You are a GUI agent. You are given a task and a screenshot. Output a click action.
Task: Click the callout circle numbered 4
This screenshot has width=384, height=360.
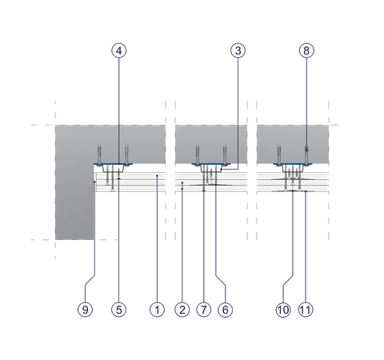(119, 50)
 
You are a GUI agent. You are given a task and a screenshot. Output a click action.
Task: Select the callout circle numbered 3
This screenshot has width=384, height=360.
(238, 50)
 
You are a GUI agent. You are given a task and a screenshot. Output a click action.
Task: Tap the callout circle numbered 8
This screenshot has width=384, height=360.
(306, 50)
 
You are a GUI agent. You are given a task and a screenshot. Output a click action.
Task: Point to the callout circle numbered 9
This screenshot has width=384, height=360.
(85, 310)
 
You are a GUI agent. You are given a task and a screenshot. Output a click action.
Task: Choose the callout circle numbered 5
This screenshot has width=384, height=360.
(118, 310)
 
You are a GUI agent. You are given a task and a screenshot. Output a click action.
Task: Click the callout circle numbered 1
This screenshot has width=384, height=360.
(157, 310)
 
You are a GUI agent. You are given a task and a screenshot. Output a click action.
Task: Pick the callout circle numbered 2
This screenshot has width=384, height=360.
(182, 310)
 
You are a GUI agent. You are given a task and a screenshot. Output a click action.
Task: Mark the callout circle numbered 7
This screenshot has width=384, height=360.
(204, 310)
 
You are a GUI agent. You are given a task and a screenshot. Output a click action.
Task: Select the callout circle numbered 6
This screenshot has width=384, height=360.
(226, 310)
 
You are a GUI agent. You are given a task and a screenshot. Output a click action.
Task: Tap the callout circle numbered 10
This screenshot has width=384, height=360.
(283, 310)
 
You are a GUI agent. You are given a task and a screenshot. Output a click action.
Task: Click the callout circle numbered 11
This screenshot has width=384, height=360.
(306, 310)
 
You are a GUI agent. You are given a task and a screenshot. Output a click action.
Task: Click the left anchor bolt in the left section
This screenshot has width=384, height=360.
(99, 156)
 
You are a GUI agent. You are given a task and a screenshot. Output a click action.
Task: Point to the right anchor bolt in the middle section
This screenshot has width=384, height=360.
(225, 156)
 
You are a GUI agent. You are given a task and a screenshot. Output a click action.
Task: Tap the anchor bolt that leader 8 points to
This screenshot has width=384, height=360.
(306, 156)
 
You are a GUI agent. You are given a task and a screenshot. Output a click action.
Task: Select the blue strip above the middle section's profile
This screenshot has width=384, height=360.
(211, 164)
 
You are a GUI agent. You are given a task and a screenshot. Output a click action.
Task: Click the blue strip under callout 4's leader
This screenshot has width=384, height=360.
(113, 164)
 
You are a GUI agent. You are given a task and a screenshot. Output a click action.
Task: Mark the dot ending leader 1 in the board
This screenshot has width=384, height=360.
(157, 175)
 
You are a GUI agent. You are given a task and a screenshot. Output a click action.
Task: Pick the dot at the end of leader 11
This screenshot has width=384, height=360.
(306, 191)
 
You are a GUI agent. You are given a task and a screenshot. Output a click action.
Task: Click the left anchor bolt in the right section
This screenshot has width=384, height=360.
(279, 156)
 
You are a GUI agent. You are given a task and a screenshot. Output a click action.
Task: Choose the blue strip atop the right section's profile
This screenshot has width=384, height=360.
(293, 164)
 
